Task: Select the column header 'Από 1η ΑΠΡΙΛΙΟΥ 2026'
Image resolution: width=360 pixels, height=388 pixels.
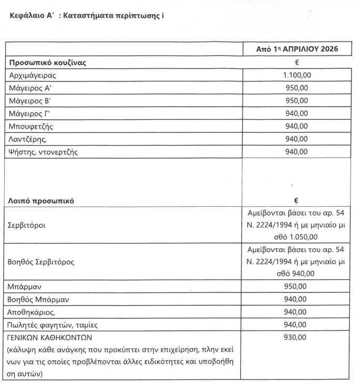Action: (297, 49)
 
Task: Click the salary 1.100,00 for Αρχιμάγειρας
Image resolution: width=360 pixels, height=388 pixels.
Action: (297, 76)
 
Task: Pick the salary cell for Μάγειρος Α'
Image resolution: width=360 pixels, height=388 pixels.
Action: (297, 88)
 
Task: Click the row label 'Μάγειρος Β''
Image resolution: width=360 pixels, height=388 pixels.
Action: (33, 101)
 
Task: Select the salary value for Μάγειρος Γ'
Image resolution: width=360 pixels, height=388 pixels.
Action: (297, 114)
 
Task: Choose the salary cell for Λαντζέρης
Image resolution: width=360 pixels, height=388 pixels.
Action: (297, 139)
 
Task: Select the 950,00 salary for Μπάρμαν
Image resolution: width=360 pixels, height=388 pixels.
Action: (297, 287)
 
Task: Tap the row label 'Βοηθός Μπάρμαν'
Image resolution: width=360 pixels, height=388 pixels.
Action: (39, 300)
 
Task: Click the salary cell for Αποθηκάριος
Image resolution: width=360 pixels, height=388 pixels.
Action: (297, 312)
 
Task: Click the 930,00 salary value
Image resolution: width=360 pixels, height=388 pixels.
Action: (297, 338)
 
